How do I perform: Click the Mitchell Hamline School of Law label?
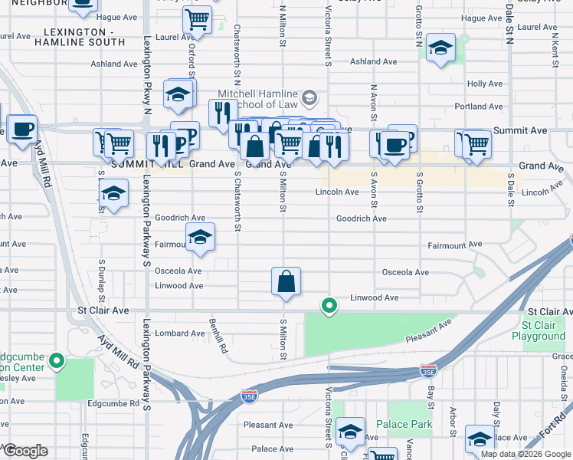262,97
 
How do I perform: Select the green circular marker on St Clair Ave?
329,307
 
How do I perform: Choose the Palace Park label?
404,424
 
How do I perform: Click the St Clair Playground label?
539,330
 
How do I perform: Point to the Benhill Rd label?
218,337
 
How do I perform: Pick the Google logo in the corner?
25,451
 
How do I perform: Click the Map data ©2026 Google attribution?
526,454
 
